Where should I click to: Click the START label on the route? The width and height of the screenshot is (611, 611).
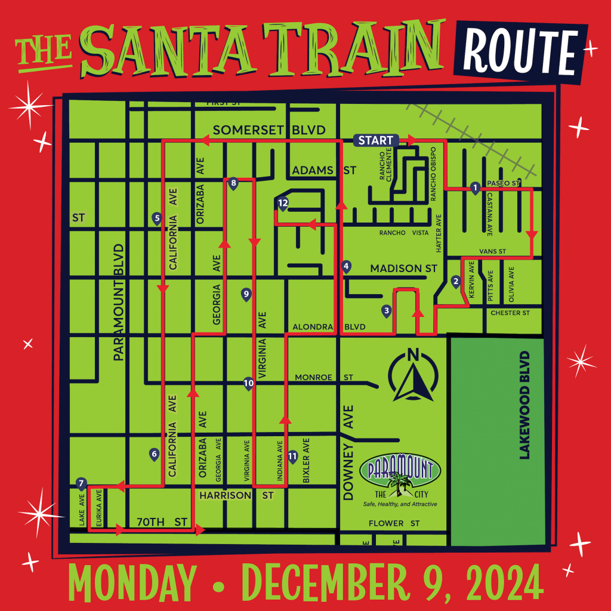[376, 140]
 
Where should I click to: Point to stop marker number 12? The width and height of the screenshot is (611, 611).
[283, 204]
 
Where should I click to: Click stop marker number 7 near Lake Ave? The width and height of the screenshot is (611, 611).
[82, 483]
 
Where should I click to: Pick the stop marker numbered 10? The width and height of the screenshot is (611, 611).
[249, 383]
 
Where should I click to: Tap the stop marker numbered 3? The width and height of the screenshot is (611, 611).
[387, 310]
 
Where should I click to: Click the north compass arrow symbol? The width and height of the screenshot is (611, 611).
[412, 375]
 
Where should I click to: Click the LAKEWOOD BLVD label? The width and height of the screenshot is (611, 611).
[524, 405]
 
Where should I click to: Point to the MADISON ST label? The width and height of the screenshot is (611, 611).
[404, 269]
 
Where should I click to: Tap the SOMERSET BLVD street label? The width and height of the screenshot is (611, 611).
[269, 130]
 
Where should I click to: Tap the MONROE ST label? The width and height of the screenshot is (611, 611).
[324, 377]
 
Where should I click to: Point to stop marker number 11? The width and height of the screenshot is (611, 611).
[292, 456]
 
